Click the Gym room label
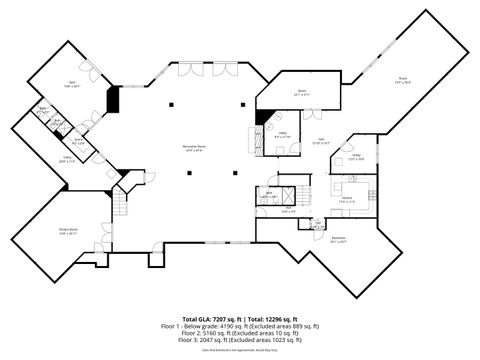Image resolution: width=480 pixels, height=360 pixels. coord(72,86)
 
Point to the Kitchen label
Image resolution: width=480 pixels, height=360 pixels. coord(347,198)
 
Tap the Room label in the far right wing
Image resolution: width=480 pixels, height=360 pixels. coord(403,78)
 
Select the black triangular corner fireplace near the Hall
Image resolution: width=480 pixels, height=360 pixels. coord(261,117)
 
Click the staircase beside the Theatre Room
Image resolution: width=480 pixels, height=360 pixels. coord(120,205)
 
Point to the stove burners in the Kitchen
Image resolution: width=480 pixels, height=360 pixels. coord(367,191)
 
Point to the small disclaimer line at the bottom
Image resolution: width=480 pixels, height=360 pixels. coord(240,350)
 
